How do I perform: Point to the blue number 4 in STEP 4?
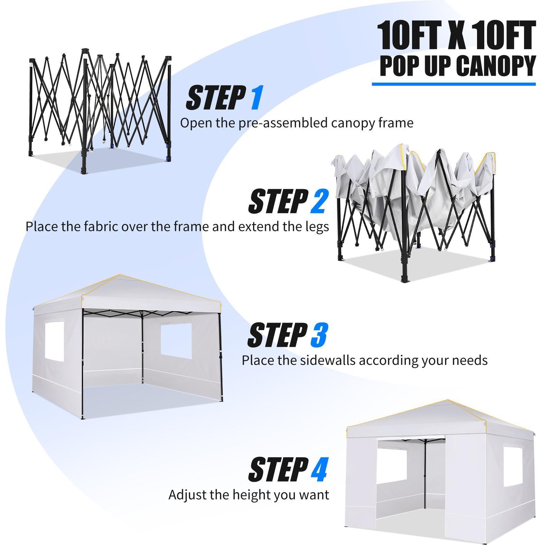click(x=319, y=469)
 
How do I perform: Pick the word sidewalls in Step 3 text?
click(x=328, y=360)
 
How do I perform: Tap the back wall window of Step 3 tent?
click(x=176, y=340)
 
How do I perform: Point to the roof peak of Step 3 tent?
click(x=119, y=275)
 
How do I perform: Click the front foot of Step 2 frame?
click(x=404, y=279)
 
